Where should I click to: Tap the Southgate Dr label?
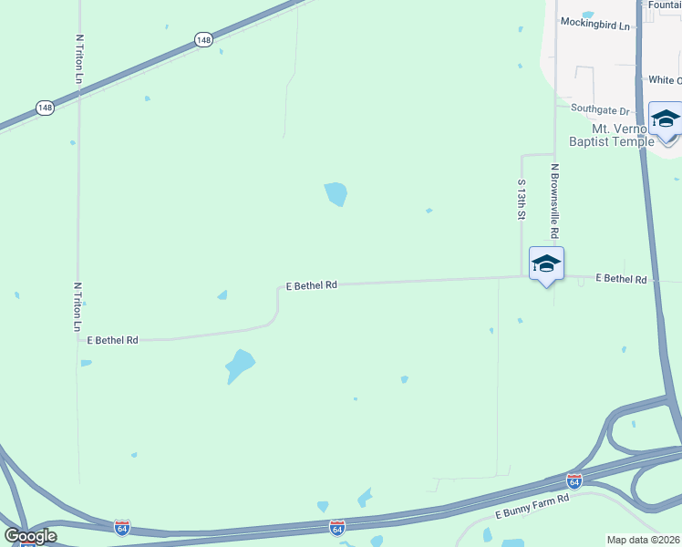tap(601, 108)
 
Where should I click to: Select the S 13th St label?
tap(522, 201)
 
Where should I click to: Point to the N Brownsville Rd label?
tap(554, 200)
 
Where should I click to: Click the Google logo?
tap(30, 536)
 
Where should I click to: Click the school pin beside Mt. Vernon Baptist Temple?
tap(665, 120)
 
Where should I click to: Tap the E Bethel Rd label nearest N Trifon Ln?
tap(112, 339)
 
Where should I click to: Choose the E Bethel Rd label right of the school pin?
tap(621, 279)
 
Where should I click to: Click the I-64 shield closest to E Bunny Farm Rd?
tap(573, 480)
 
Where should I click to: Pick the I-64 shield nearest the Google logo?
tap(122, 527)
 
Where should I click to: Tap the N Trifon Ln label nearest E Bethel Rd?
tap(77, 307)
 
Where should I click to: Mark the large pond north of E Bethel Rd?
tap(336, 193)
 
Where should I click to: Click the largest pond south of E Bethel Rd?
tap(240, 366)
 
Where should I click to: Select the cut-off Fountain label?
tap(665, 5)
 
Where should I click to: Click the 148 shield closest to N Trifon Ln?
tap(45, 108)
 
